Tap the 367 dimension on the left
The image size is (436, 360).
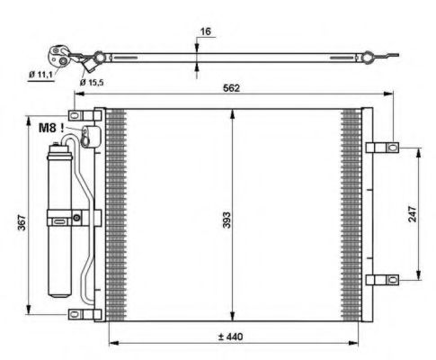tap(22, 220)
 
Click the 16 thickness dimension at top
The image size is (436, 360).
tap(204, 31)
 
